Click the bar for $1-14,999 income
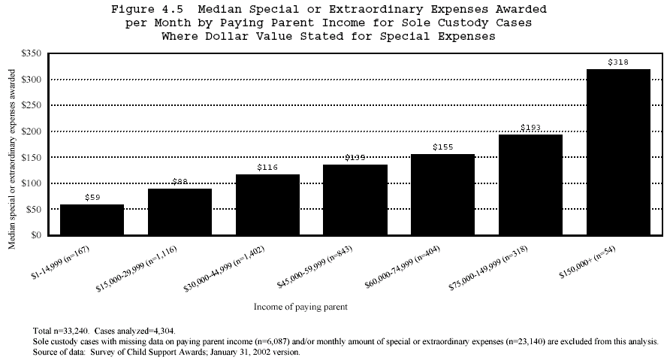coord(92,219)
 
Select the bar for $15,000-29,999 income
coord(180,212)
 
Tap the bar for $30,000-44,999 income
coord(267,204)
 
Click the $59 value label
coord(92,198)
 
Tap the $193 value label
coord(530,128)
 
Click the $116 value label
coord(267,168)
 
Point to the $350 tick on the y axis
coord(32,54)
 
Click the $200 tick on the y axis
coord(32,132)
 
